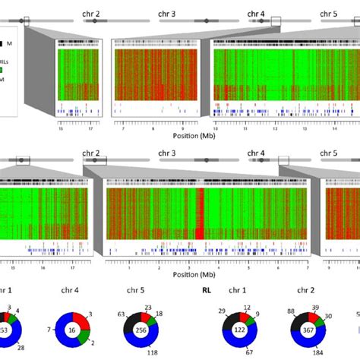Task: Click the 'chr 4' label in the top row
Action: pos(257,14)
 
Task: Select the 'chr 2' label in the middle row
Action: pos(91,153)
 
